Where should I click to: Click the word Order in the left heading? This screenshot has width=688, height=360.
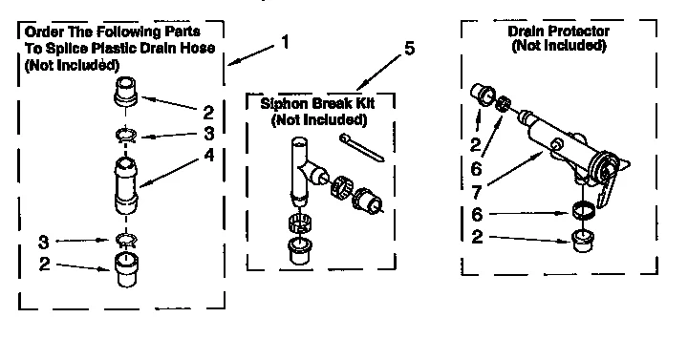(x=43, y=32)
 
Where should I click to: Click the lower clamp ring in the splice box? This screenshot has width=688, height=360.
(x=125, y=239)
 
